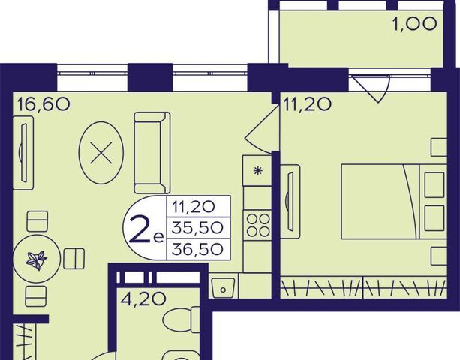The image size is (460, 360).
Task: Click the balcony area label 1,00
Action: [414, 24]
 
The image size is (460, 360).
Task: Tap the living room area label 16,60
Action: [44, 104]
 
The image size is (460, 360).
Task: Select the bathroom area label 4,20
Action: [144, 299]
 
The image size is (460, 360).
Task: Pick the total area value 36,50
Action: [197, 249]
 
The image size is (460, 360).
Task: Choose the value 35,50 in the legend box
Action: [197, 228]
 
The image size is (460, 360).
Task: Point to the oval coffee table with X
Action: [101, 153]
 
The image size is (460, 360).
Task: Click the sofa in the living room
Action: [152, 152]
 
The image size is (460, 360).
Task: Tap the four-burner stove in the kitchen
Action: [258, 225]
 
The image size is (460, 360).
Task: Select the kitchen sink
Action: [223, 287]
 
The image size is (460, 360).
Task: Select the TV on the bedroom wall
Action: [290, 202]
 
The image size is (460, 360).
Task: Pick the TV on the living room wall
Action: [23, 153]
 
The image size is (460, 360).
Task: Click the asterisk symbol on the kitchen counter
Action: [257, 170]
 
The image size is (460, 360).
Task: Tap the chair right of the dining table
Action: [74, 259]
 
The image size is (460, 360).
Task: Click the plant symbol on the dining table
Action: [37, 260]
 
